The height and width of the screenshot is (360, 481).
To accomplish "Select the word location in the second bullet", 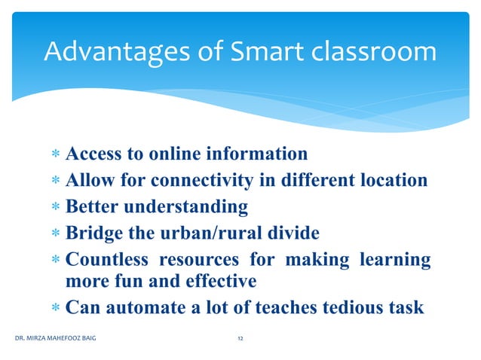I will pyautogui.click(x=391, y=181).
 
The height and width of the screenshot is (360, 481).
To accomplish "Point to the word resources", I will pyautogui.click(x=196, y=260).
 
